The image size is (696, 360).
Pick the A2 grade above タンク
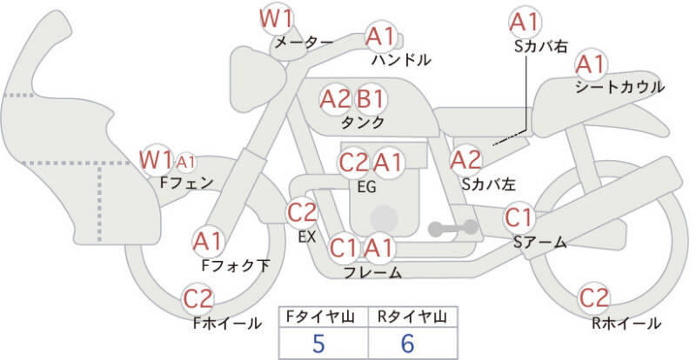[x=335, y=98]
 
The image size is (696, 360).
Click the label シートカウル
[x=619, y=87]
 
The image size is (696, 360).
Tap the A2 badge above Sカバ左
[x=465, y=159]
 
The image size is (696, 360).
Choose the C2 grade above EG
[x=354, y=162]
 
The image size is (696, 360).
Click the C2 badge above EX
[x=303, y=211]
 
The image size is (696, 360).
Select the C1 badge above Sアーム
[x=519, y=217]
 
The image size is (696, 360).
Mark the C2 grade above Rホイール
[x=594, y=298]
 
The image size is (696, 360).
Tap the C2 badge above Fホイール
[x=198, y=299]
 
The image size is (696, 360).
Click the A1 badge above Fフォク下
[x=208, y=240]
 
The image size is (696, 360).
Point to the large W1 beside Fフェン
[x=157, y=160]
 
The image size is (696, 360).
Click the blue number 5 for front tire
[x=318, y=343]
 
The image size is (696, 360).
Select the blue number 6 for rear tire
[x=407, y=343]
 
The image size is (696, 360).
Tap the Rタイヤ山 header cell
[x=407, y=317]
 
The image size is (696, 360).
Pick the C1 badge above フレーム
[x=344, y=249]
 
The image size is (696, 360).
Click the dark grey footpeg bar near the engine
[x=453, y=228]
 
